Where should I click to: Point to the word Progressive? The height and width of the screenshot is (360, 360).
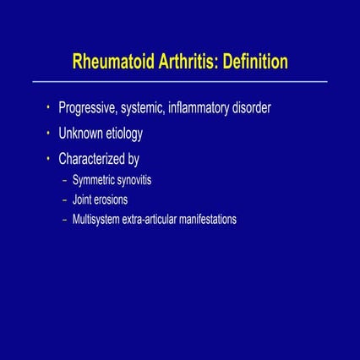[92, 110]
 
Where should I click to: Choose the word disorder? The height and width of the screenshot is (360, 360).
[275, 109]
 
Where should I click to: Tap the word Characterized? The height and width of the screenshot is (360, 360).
[97, 158]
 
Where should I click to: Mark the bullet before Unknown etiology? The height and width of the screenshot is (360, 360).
[49, 133]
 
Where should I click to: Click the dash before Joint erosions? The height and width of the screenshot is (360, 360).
[65, 200]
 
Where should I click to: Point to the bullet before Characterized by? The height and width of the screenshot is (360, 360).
[49, 157]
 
